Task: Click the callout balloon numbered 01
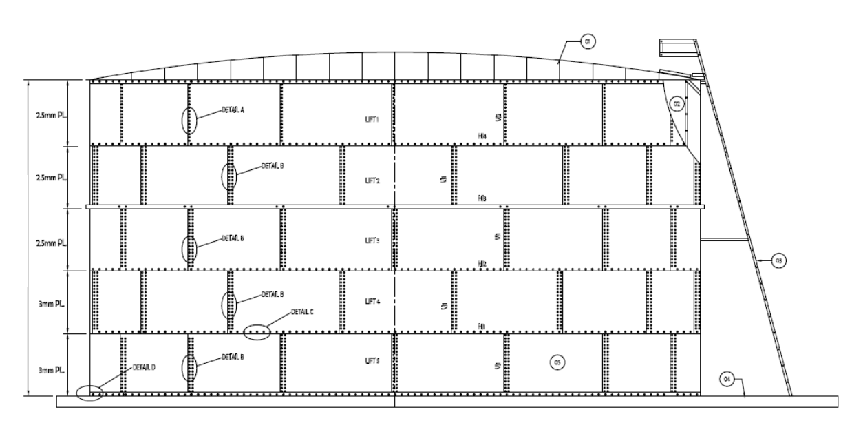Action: [x=587, y=42]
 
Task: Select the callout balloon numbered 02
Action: [x=677, y=104]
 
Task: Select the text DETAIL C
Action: [x=303, y=311]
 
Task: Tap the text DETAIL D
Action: [x=143, y=367]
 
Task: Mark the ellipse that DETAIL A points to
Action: [x=189, y=121]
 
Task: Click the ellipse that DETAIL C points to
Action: [x=257, y=331]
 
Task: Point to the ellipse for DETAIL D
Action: [x=89, y=393]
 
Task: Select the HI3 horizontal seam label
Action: [x=483, y=198]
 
